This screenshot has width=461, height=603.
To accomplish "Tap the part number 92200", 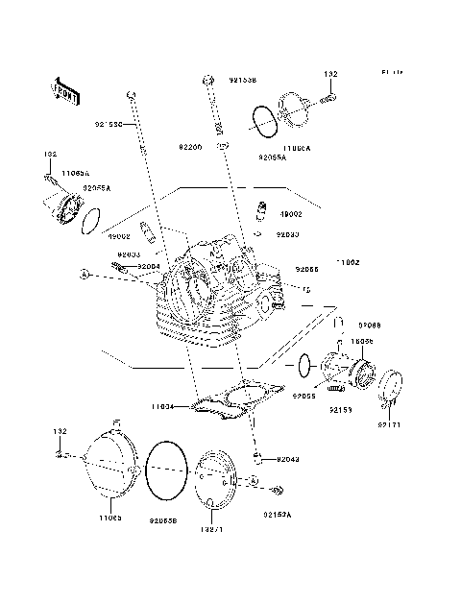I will pyautogui.click(x=190, y=147).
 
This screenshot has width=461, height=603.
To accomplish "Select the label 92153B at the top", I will pyautogui.click(x=243, y=81).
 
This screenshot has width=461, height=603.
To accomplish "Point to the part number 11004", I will pyautogui.click(x=161, y=406).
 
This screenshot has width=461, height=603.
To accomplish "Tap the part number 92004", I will pyautogui.click(x=149, y=266).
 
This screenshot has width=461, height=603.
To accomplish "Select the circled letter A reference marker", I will pyautogui.click(x=85, y=275).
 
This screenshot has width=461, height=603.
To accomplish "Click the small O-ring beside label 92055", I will pyautogui.click(x=303, y=365).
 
